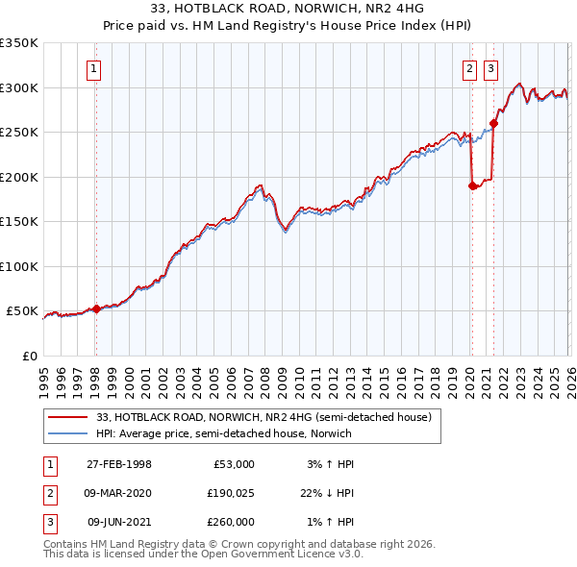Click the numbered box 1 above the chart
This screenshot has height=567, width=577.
pyautogui.click(x=95, y=68)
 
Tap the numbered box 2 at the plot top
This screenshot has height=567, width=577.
pyautogui.click(x=470, y=68)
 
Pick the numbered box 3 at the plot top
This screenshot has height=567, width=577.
pyautogui.click(x=490, y=68)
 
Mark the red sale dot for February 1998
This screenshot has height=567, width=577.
pyautogui.click(x=96, y=308)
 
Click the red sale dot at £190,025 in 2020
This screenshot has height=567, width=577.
pyautogui.click(x=472, y=186)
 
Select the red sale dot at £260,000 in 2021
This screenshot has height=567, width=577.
pyautogui.click(x=493, y=123)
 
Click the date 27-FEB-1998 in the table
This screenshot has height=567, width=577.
pyautogui.click(x=119, y=463)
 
